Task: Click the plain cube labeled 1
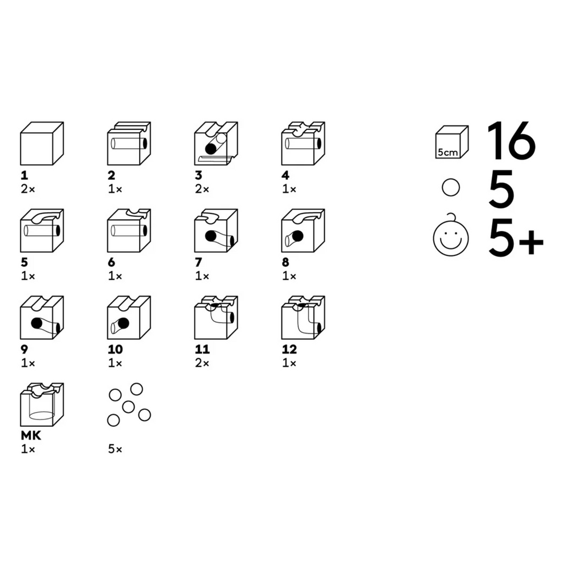pyautogui.click(x=41, y=144)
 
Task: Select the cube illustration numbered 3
pyautogui.click(x=216, y=144)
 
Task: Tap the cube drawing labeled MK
pyautogui.click(x=41, y=405)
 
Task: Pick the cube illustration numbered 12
pyautogui.click(x=303, y=318)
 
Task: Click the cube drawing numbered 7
pyautogui.click(x=216, y=231)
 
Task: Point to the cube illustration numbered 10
pyautogui.click(x=129, y=318)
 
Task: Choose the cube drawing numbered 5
pyautogui.click(x=41, y=231)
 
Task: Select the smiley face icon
pyautogui.click(x=451, y=238)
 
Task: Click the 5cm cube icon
pyautogui.click(x=452, y=142)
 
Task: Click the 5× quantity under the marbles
pyautogui.click(x=115, y=450)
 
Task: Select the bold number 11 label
pyautogui.click(x=202, y=350)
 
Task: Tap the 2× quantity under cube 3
pyautogui.click(x=202, y=189)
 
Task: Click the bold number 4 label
pyautogui.click(x=286, y=176)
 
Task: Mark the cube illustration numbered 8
pyautogui.click(x=303, y=231)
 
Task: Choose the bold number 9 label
pyautogui.click(x=23, y=350)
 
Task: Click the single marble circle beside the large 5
pyautogui.click(x=452, y=188)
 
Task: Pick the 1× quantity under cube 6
pyautogui.click(x=115, y=276)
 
